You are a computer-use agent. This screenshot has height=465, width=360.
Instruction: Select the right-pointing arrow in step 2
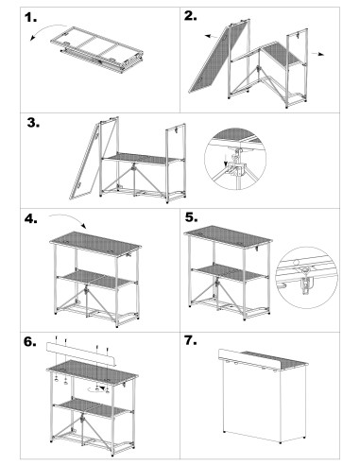(x=320, y=56)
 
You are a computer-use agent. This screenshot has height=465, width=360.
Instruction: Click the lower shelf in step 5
(x=228, y=273)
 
